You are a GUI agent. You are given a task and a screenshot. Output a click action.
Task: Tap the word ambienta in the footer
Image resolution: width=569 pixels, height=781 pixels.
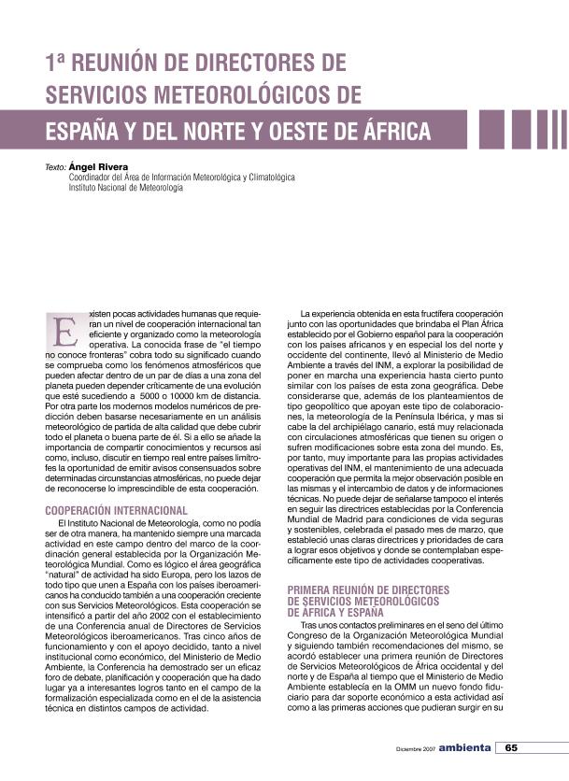pos(465,748)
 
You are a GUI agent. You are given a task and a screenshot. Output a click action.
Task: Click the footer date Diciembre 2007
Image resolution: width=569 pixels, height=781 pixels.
pos(414,749)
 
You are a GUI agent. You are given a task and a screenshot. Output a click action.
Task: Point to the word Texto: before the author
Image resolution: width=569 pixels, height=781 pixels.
pos(55,167)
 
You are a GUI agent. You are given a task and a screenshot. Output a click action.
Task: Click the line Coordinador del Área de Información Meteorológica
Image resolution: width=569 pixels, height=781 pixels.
pos(182,177)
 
